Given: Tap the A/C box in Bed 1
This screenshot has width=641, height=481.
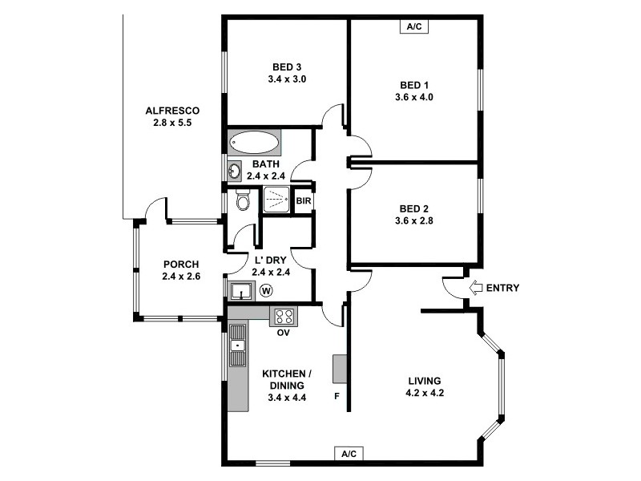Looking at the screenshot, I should click(413, 26).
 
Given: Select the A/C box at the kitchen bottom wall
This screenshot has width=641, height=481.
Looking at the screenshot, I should click(349, 454).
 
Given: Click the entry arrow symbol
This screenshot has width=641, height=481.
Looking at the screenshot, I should click(475, 288).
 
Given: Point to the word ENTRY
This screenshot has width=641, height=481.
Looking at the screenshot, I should click(502, 289).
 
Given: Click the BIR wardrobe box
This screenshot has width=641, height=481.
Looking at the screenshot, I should click(303, 201).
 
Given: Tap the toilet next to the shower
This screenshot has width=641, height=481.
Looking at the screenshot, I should click(243, 200).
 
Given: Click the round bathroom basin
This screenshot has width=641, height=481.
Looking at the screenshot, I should click(235, 170).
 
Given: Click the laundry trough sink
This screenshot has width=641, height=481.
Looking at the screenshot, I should click(240, 290).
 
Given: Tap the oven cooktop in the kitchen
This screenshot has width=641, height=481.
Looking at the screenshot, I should click(283, 316).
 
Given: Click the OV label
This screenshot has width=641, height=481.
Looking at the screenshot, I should click(283, 332).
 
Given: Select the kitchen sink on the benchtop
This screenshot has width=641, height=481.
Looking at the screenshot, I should click(238, 346).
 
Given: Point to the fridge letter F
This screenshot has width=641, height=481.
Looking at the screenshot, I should click(337, 395).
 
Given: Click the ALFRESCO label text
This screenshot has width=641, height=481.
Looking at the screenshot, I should click(171, 111).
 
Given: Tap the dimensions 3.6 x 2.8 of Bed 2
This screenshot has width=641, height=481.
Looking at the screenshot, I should click(413, 220).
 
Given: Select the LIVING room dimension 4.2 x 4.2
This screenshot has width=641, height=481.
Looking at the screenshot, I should click(425, 393).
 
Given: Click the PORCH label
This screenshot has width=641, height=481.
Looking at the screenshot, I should click(181, 265).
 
